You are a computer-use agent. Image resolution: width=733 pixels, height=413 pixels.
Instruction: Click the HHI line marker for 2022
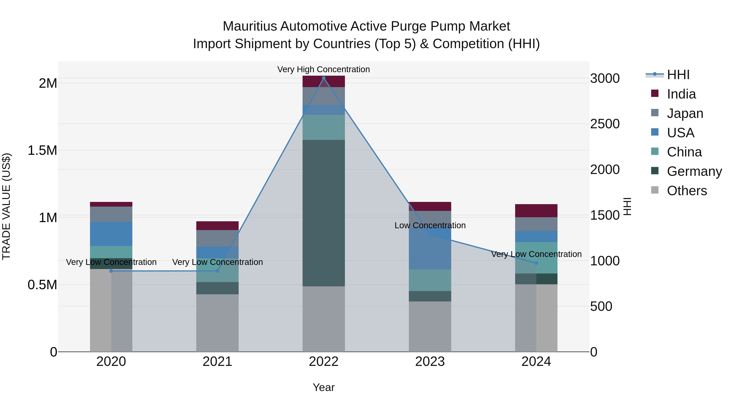324,78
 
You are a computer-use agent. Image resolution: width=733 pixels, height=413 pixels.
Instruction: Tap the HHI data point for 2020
111,271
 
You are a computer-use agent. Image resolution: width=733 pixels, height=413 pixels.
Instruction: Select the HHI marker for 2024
536,263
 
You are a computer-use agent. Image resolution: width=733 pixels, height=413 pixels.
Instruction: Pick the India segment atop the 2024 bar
536,211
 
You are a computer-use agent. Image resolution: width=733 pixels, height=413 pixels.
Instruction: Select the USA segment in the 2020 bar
111,234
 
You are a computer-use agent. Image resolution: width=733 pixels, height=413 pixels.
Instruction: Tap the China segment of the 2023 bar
430,280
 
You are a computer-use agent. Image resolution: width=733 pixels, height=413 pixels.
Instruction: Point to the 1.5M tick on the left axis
42,150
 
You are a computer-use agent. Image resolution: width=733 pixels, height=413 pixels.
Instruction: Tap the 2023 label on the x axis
430,361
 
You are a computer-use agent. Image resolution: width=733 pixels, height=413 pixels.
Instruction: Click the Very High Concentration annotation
324,69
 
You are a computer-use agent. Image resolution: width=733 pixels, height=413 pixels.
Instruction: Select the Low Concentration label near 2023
430,225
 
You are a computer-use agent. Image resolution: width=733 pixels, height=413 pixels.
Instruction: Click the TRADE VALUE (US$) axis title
6,206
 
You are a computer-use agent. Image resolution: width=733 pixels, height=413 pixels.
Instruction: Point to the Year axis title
324,387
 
